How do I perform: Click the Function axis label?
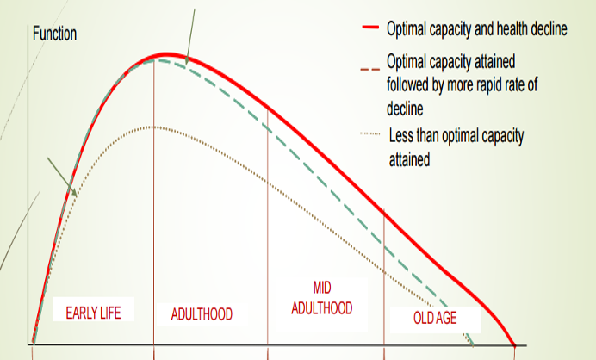pyautogui.click(x=54, y=34)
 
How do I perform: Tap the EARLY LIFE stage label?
pyautogui.click(x=94, y=311)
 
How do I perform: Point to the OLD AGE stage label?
pyautogui.click(x=435, y=318)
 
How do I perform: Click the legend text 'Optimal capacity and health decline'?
pyautogui.click(x=476, y=29)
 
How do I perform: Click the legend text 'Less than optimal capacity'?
pyautogui.click(x=456, y=135)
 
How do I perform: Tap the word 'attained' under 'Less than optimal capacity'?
pyautogui.click(x=409, y=158)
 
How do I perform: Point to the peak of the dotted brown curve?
pyautogui.click(x=152, y=127)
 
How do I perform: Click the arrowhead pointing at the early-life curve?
pyautogui.click(x=76, y=195)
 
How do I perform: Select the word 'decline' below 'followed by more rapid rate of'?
pyautogui.click(x=406, y=109)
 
